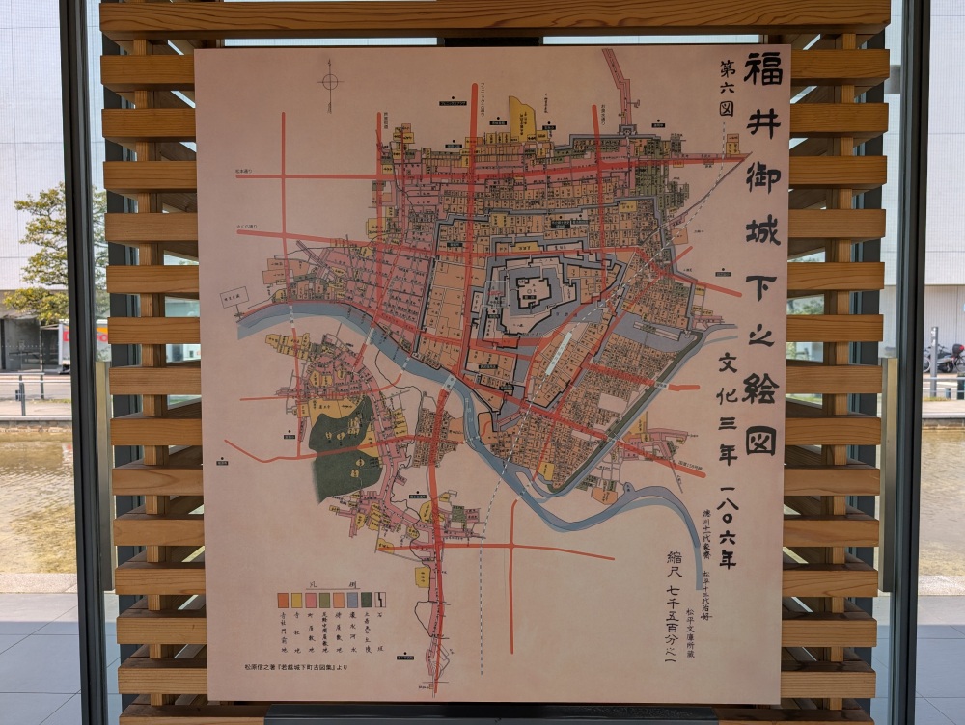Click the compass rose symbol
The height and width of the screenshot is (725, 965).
click(330, 81)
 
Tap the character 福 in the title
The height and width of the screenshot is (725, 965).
click(761, 68)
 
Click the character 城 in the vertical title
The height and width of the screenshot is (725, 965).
click(761, 230)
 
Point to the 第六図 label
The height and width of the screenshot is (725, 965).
click(726, 88)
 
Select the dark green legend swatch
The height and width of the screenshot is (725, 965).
click(366, 599)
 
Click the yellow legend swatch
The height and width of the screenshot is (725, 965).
click(296, 599)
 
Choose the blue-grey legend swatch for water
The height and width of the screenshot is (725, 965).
click(352, 599)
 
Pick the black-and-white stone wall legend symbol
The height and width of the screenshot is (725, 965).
click(380, 599)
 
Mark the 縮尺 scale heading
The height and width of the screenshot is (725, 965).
click(674, 568)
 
